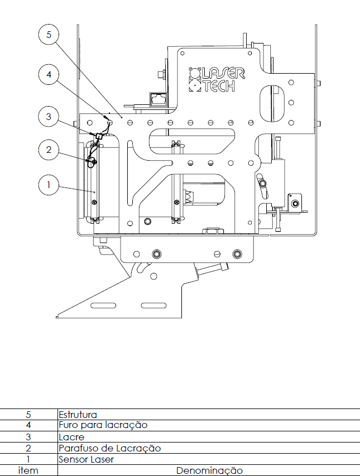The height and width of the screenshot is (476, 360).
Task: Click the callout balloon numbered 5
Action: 49,35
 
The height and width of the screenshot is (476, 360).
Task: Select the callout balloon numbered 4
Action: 49,74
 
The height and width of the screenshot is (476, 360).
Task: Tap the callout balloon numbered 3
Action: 49,117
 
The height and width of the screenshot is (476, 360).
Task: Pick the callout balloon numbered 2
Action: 49,150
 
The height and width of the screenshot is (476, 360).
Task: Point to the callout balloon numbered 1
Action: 49,185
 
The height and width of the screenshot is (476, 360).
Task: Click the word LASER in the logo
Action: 223,74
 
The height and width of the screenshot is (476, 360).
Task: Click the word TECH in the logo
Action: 219,86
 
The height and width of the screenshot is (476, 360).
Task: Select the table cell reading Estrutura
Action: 78,415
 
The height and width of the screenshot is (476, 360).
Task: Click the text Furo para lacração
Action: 103,425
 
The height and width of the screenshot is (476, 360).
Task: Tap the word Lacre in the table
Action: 71,437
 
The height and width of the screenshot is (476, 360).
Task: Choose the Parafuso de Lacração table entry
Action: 109,448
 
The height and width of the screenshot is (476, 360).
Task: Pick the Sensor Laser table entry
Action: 86,460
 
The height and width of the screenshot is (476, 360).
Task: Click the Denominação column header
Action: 209,471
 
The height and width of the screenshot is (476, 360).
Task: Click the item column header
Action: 28,470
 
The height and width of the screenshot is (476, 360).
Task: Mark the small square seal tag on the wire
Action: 98,136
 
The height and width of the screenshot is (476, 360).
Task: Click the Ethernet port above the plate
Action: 159,99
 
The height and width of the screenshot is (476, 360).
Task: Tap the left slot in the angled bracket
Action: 103,305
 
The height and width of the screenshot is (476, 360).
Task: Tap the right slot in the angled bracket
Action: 153,305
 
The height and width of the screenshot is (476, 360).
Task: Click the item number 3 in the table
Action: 28,437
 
